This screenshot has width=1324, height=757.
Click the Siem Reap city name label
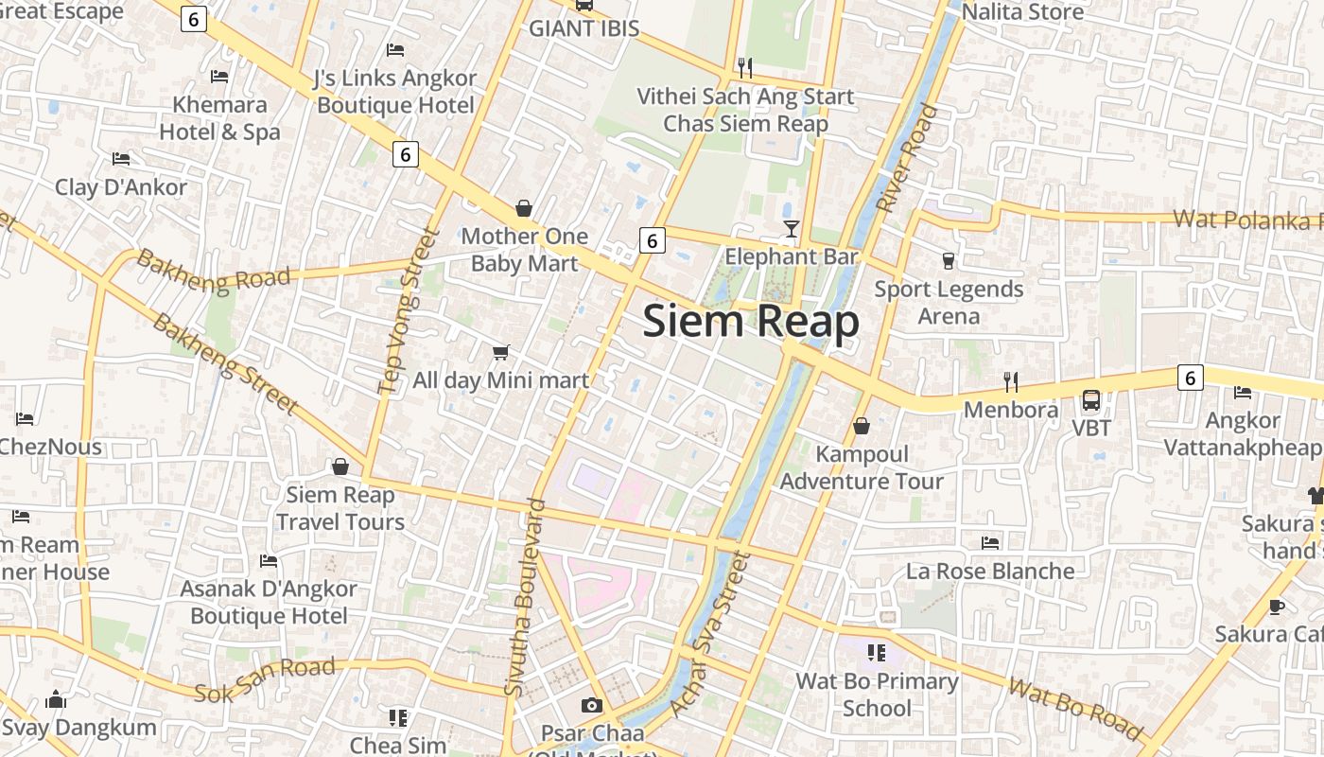[751, 322]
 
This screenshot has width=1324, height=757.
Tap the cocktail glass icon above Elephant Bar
[792, 229]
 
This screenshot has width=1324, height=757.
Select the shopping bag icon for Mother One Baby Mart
[524, 208]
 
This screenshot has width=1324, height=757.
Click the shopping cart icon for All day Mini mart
[501, 353]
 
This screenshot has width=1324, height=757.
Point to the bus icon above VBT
[1091, 400]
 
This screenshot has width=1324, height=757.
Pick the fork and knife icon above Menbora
[1011, 382]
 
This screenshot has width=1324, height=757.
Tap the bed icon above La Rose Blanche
[990, 543]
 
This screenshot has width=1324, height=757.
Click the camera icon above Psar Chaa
[592, 705]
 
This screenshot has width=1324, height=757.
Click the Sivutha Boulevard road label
[526, 598]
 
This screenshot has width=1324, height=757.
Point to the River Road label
[906, 158]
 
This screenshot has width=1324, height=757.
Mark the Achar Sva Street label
[708, 635]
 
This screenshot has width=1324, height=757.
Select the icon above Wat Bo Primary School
[876, 652]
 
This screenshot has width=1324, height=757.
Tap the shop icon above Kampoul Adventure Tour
[862, 427]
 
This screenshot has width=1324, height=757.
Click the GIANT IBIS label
[584, 28]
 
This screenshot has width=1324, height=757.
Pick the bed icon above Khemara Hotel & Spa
[220, 77]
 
